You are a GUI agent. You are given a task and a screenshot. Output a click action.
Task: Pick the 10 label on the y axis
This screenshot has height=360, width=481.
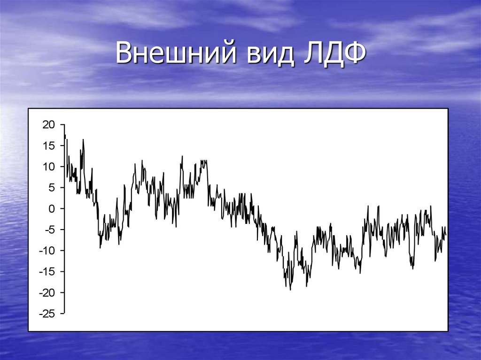click(x=49, y=167)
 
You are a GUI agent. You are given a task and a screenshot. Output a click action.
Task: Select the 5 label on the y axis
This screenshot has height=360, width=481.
click(x=52, y=187)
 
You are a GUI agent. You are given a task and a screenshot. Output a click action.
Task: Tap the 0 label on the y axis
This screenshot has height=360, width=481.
click(x=52, y=208)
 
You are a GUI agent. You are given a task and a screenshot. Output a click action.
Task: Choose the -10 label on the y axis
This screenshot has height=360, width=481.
click(x=47, y=250)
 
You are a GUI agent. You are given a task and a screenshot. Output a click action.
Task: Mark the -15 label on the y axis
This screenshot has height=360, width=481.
click(x=47, y=271)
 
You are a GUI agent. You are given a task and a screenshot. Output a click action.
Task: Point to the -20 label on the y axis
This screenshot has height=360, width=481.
click(x=47, y=292)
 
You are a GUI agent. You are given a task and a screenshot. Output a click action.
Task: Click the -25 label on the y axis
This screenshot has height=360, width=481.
click(x=47, y=313)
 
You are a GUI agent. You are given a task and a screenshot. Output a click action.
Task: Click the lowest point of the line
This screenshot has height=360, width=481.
click(x=290, y=290)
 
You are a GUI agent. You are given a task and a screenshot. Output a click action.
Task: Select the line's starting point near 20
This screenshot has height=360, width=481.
click(x=64, y=125)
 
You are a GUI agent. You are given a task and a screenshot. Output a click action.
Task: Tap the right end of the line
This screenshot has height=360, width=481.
click(x=445, y=234)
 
